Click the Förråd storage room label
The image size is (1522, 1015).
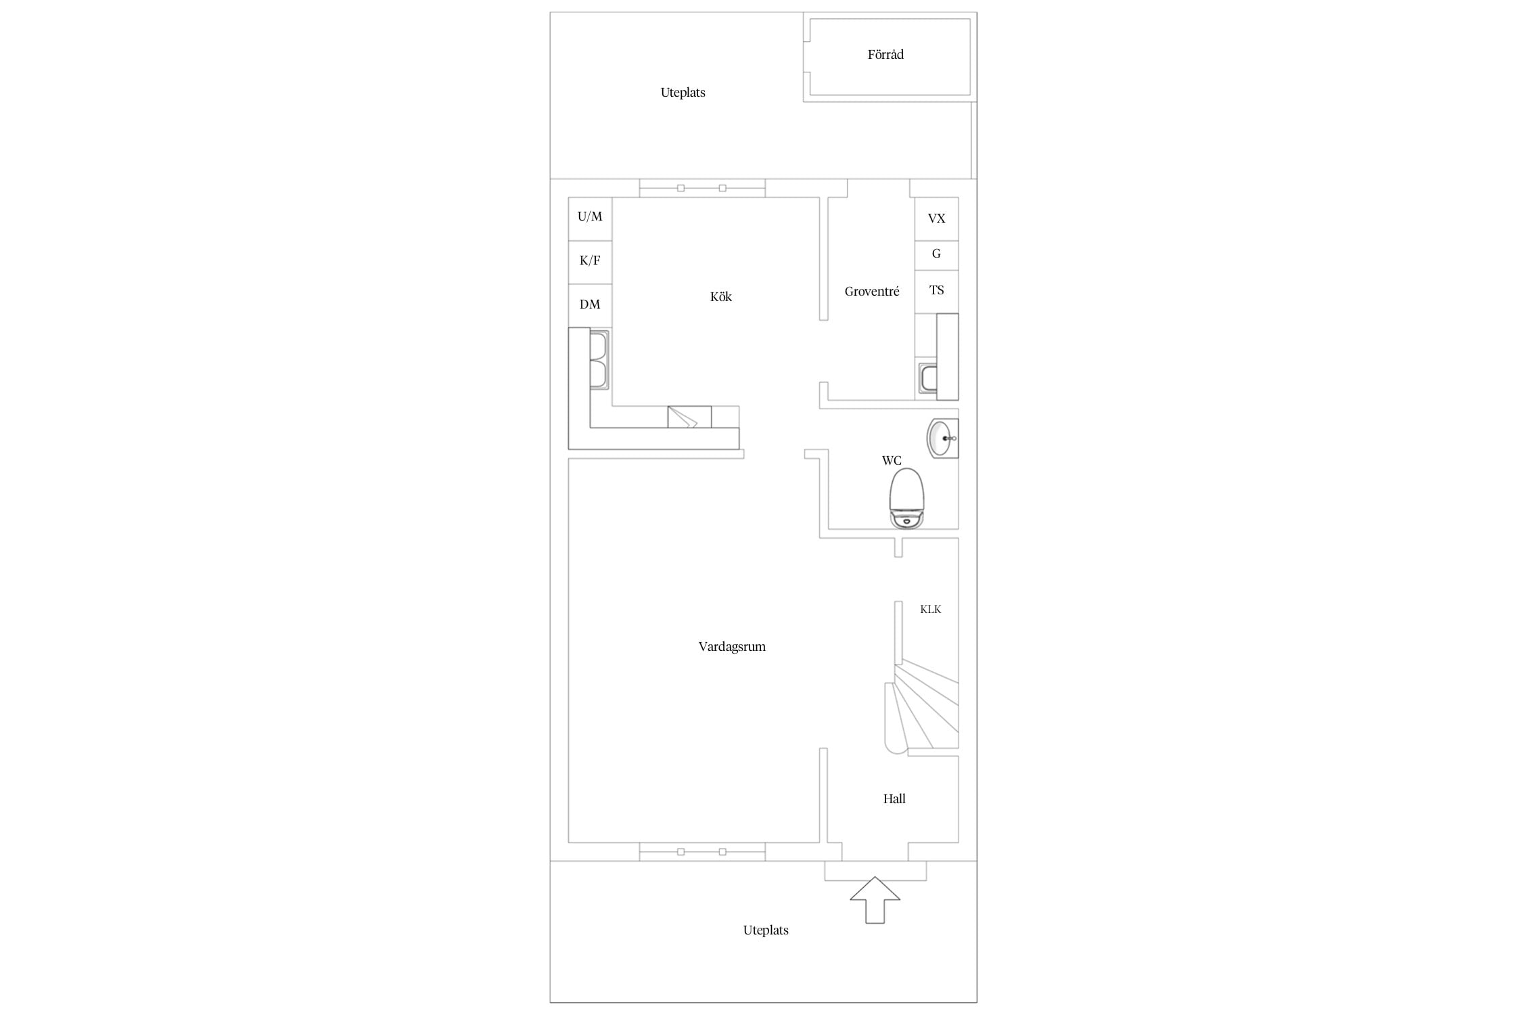click(x=885, y=54)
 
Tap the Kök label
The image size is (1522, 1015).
click(x=721, y=296)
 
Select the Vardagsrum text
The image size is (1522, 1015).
click(x=732, y=647)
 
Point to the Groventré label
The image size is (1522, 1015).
click(x=872, y=292)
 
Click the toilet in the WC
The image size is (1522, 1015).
click(x=906, y=498)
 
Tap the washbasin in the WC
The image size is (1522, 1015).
click(x=942, y=438)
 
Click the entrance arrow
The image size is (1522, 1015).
click(x=875, y=900)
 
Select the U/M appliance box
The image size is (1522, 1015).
click(x=590, y=219)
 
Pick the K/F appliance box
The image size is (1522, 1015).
click(x=590, y=263)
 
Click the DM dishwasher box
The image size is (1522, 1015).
click(x=590, y=306)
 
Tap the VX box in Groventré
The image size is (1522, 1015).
click(x=936, y=219)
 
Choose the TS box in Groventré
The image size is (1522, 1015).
click(x=936, y=292)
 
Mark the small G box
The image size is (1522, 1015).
click(x=936, y=256)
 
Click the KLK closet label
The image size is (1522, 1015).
click(x=931, y=610)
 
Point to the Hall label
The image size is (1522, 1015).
click(x=894, y=799)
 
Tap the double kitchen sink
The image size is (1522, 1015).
click(x=599, y=359)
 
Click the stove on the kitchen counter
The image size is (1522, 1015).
click(x=689, y=417)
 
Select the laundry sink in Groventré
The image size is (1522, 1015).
click(x=928, y=378)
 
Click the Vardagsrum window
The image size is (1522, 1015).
click(x=702, y=852)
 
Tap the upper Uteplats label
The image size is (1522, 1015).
click(x=683, y=93)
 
